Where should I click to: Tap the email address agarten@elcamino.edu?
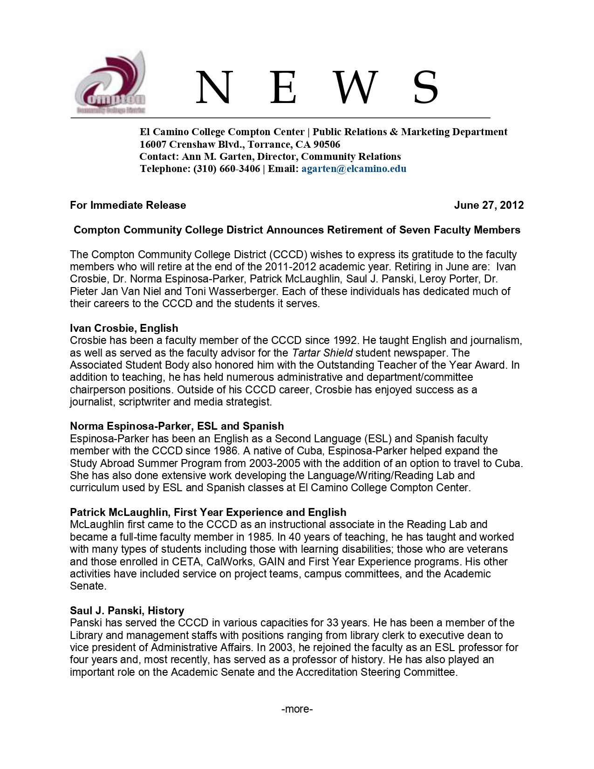click(x=354, y=169)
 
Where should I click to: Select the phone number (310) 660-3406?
click(x=226, y=169)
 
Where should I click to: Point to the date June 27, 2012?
click(x=489, y=205)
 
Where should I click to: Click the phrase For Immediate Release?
click(x=128, y=205)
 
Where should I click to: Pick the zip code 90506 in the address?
click(x=327, y=144)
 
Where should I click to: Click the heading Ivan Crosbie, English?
click(x=124, y=328)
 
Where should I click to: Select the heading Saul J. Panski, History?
click(x=127, y=611)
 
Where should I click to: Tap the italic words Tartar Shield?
click(x=322, y=353)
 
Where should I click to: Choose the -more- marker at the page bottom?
click(x=297, y=709)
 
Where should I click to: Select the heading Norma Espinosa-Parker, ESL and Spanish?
click(x=177, y=426)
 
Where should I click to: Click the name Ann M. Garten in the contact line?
click(x=216, y=157)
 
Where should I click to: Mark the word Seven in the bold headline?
click(x=415, y=230)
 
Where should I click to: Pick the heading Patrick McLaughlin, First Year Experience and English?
click(x=208, y=512)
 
